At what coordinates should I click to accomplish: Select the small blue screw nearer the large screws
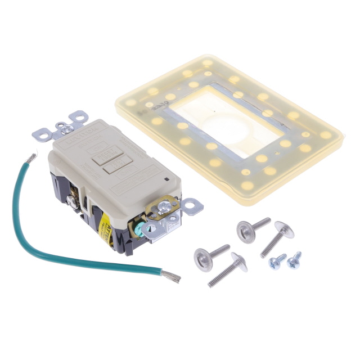pos(275,260)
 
